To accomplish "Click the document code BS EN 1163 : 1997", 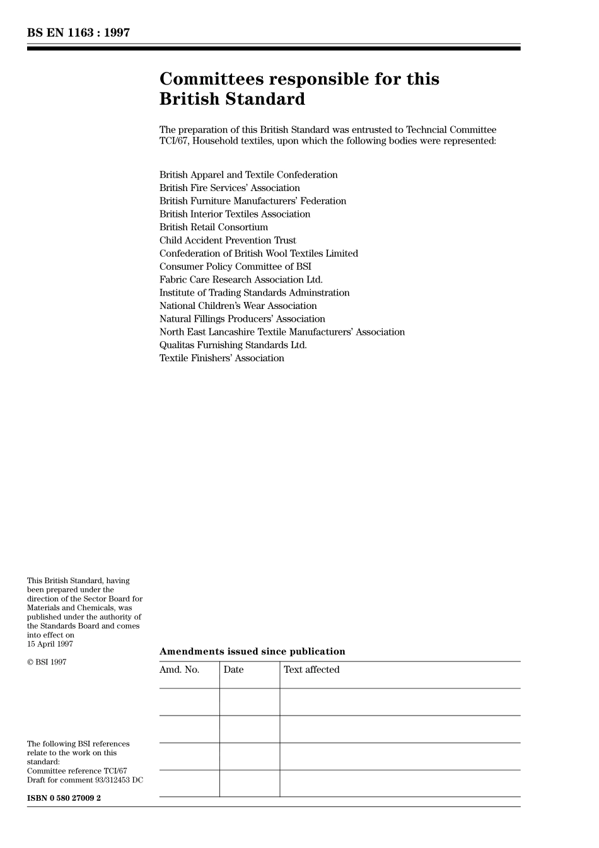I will coord(78,33).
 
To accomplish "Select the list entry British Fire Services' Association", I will coord(230,188).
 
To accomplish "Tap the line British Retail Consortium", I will coord(214,227).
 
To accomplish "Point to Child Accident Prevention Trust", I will coord(228,240).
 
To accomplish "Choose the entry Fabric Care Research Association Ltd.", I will coord(241,279).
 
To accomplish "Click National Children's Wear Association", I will coord(238,306).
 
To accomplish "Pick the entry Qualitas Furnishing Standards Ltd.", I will coord(233,345).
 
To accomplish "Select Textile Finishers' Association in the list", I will coord(222,358).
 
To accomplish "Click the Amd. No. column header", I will coord(180,670).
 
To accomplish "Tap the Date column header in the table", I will coord(233,670).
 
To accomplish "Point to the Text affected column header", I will coord(311,670).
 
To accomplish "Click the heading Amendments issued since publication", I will coord(252,651).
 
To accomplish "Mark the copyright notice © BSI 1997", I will coord(47,662).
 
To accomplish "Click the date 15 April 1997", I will coord(50,644).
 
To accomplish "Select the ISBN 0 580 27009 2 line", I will coord(64,798).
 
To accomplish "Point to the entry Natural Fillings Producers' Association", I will coord(242,319).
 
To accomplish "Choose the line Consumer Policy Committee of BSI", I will coord(235,267).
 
